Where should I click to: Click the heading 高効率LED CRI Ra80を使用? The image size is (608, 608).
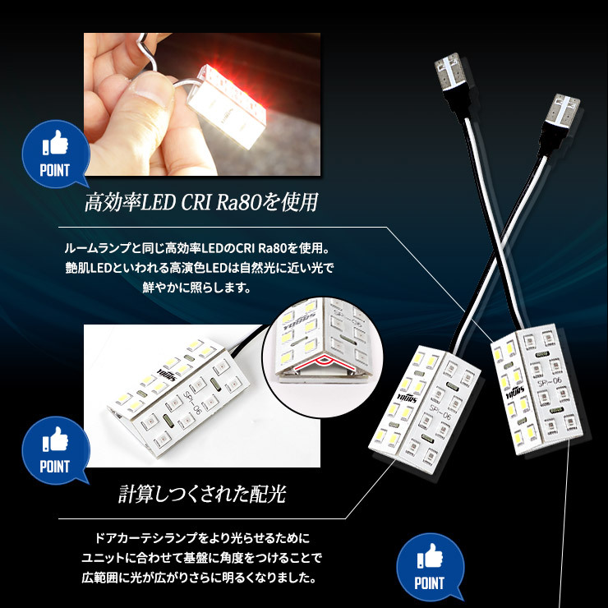200,202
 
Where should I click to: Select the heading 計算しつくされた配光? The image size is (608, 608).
200,495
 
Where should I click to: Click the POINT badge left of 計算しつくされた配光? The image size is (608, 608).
54,449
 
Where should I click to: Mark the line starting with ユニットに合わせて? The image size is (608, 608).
201,559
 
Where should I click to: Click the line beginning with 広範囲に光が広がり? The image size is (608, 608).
201,579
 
